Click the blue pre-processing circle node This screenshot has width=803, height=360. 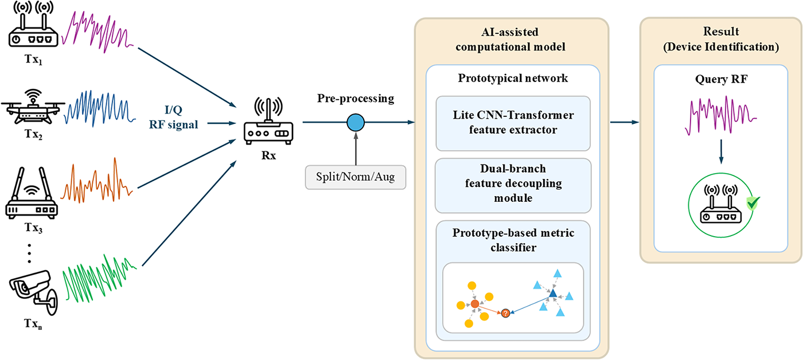coord(356,122)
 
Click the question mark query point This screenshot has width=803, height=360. coord(505,313)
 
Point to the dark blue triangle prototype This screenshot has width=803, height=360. coord(552,294)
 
